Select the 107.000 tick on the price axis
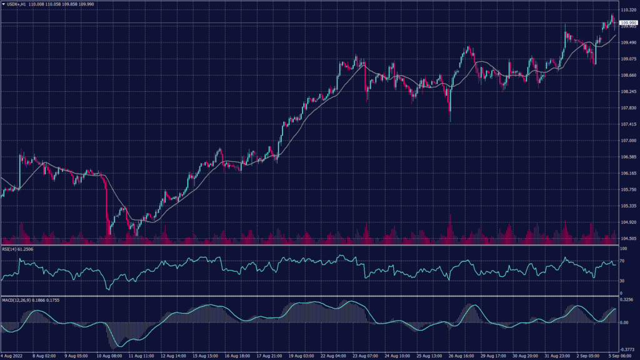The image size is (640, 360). (x=628, y=141)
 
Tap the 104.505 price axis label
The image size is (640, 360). (x=628, y=238)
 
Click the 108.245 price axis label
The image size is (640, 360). (x=628, y=92)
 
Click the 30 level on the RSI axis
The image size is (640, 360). (x=622, y=281)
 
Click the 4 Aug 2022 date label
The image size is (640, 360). (x=13, y=356)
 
